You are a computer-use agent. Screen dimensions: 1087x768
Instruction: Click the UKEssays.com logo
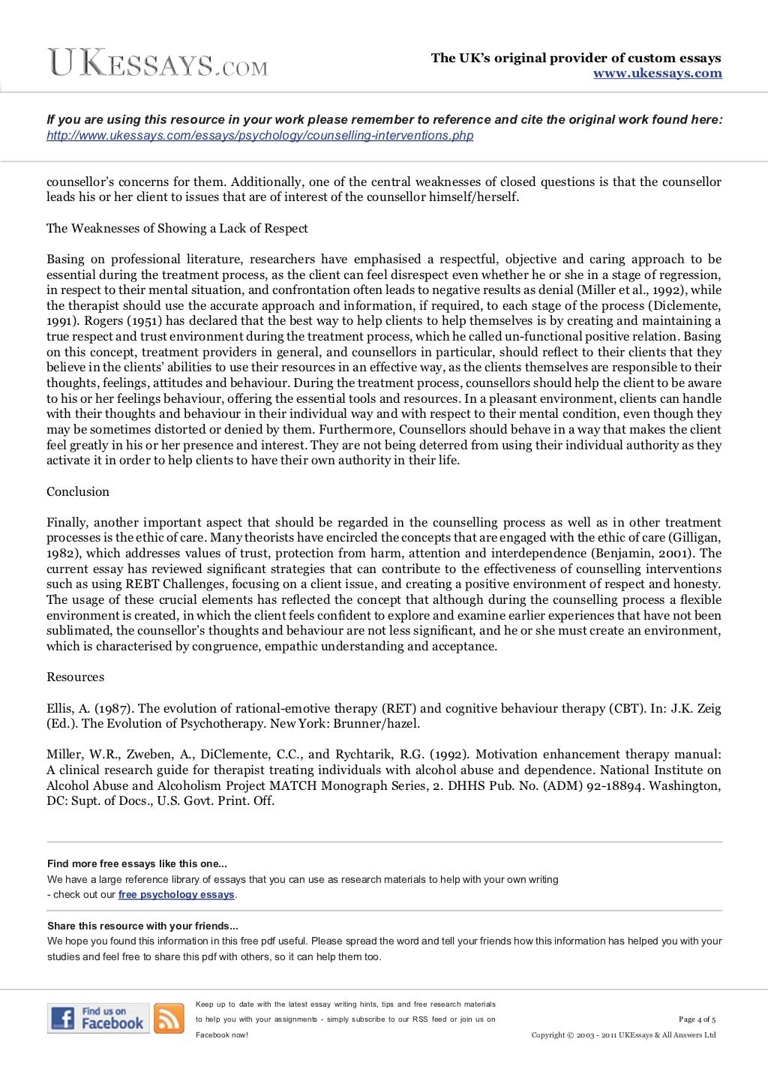pyautogui.click(x=157, y=63)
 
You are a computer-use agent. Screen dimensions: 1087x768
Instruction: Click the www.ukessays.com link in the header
pyautogui.click(x=657, y=74)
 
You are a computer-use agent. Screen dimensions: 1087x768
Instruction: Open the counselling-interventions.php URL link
pyautogui.click(x=259, y=136)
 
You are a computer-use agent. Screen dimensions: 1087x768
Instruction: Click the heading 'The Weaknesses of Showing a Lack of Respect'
pyautogui.click(x=177, y=229)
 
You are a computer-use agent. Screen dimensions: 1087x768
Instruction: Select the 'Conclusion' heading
pyautogui.click(x=78, y=492)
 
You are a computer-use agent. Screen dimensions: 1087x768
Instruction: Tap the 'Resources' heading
pyautogui.click(x=75, y=677)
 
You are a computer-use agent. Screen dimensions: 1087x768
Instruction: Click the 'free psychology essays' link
pyautogui.click(x=176, y=895)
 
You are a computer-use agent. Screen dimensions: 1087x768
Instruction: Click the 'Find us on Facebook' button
pyautogui.click(x=98, y=1018)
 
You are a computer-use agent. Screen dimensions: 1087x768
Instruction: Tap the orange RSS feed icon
pyautogui.click(x=169, y=1018)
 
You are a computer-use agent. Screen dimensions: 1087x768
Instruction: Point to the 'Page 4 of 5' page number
pyautogui.click(x=697, y=1019)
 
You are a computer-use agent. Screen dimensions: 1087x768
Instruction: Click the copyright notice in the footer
pyautogui.click(x=623, y=1035)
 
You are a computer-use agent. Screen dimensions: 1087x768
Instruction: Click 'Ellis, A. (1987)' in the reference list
pyautogui.click(x=89, y=708)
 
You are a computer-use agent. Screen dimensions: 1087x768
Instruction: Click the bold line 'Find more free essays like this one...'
pyautogui.click(x=136, y=864)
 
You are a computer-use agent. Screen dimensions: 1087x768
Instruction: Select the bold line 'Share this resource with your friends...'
pyautogui.click(x=142, y=926)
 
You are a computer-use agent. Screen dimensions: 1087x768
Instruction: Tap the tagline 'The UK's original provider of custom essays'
pyautogui.click(x=575, y=59)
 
